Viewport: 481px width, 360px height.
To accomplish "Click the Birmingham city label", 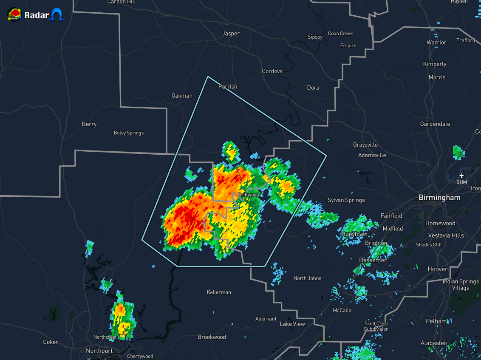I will coord(439,198).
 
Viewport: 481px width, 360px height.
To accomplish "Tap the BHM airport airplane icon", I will coord(461,176).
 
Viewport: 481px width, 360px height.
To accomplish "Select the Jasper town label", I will coord(231,34).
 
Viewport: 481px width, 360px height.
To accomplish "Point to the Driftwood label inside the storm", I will coord(248,195).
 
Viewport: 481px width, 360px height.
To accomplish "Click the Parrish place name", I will coord(228,87).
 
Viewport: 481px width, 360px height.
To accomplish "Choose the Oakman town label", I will coord(182,96).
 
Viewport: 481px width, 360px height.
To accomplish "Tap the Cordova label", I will coord(272,71).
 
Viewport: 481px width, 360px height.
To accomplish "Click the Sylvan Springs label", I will coord(346,200).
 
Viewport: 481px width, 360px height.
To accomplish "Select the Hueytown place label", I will coord(354,234).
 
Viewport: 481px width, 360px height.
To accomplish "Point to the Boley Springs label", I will coord(129,133).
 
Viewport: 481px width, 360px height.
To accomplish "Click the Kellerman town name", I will coord(219,292).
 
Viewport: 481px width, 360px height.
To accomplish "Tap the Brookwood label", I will coord(212,337).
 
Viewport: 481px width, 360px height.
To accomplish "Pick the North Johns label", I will coord(307,278).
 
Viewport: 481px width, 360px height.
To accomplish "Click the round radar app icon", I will coord(14,15).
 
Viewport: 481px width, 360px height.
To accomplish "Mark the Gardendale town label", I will coord(435,124).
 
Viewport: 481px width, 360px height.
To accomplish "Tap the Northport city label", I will coord(99,351).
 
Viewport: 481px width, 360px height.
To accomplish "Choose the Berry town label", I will coord(89,125).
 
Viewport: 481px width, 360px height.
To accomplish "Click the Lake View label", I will coord(292,324).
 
